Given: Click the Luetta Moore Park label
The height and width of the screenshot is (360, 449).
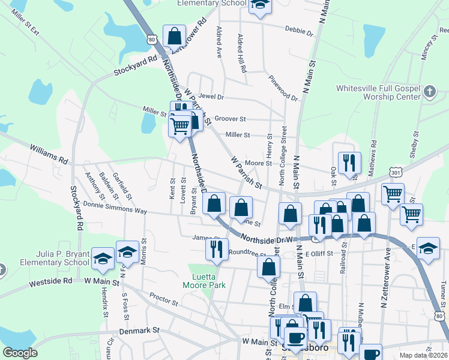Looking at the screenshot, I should pos(205,281).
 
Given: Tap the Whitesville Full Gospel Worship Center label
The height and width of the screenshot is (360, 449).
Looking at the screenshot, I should pos(378,92).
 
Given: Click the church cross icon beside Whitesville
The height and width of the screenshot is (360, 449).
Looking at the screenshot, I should pos(429,92).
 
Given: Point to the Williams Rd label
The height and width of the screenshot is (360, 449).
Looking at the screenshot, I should pos(49,154).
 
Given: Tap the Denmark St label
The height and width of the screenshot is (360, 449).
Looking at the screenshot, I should pos(139,330).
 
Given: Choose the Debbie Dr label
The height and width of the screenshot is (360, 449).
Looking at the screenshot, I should pos(299,30).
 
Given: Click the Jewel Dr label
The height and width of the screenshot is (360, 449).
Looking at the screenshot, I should pos(211,96).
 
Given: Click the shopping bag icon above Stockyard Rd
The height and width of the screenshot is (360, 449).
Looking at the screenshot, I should pos(174,36).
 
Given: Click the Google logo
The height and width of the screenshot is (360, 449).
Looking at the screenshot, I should pos(20,353).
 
